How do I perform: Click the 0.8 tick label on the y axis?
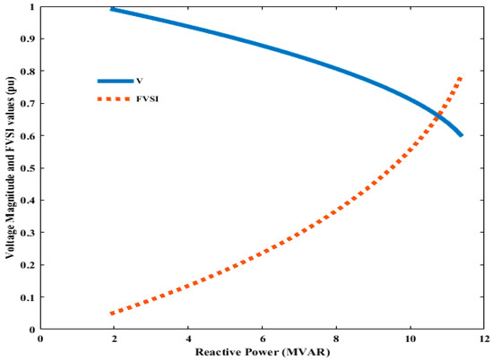tap(30, 72)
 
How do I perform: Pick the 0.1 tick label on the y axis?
tap(30, 297)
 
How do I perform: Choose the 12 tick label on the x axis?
tap(484, 339)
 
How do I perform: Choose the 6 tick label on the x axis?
tap(262, 339)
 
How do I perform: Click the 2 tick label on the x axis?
tap(114, 339)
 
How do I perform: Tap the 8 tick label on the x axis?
tap(336, 339)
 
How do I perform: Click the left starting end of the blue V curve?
tap(111, 9)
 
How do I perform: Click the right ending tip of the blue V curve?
tap(462, 135)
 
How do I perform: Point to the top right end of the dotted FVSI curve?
tap(462, 77)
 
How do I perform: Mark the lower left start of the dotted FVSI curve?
tap(111, 313)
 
